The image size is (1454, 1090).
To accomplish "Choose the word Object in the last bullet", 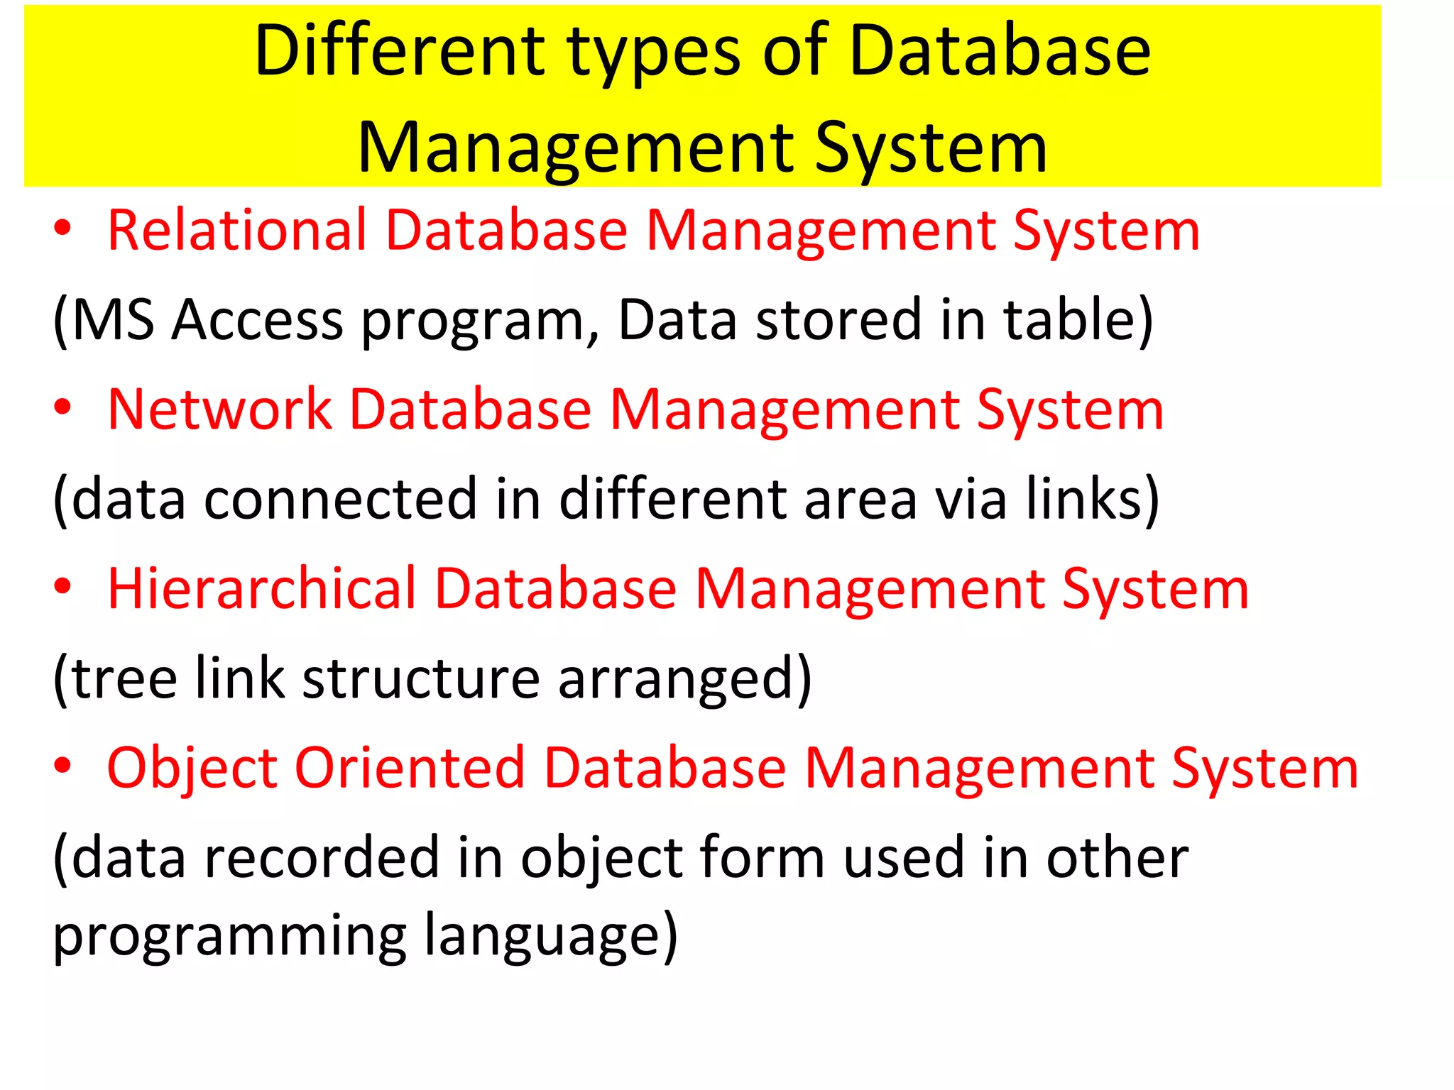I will click(x=192, y=769).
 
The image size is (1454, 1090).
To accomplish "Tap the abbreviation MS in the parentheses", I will click(x=113, y=320).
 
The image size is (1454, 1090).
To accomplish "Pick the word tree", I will click(x=124, y=679).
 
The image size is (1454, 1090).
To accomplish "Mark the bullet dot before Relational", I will click(x=63, y=228).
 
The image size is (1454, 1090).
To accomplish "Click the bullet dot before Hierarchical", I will click(x=63, y=586).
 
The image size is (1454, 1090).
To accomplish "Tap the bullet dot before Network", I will click(x=63, y=407).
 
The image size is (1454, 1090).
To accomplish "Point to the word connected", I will click(x=340, y=499).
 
